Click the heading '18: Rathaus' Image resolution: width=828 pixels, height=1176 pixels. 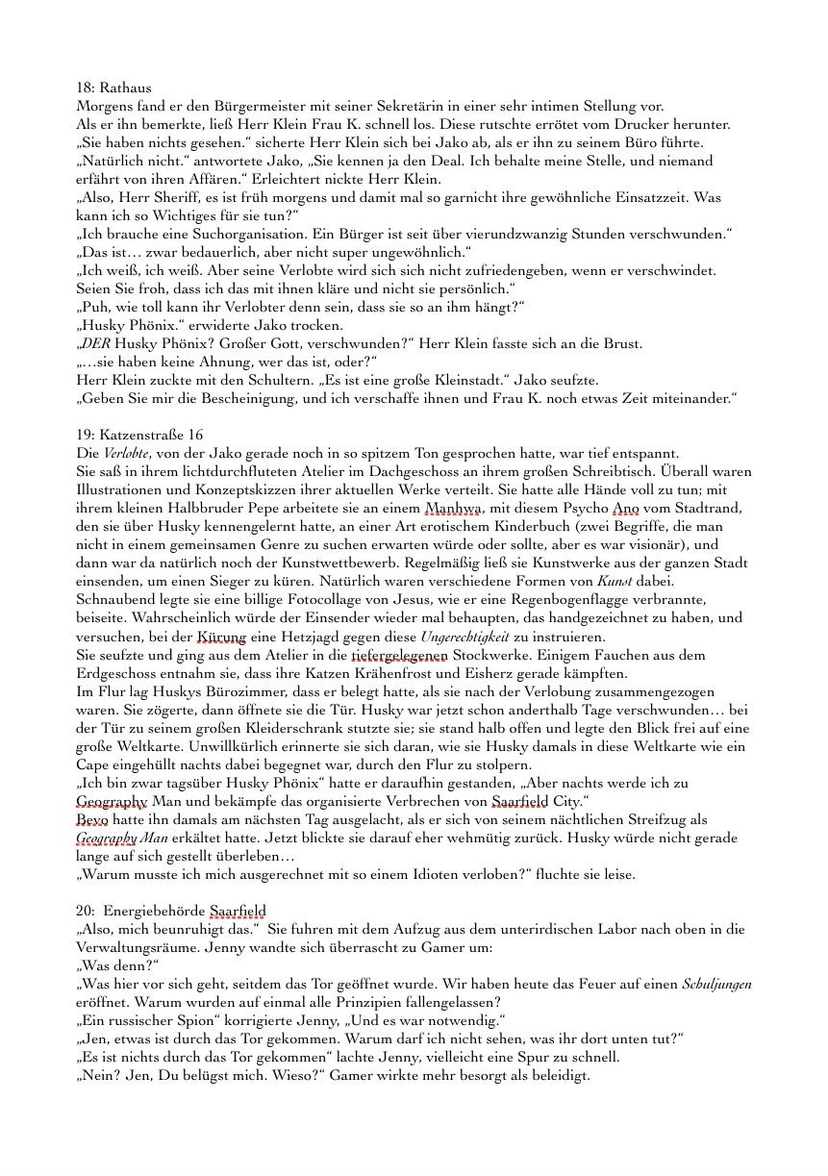click(x=113, y=88)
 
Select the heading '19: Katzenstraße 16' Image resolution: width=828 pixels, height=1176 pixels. click(x=139, y=435)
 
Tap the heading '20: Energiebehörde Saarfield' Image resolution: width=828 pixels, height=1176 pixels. click(x=170, y=911)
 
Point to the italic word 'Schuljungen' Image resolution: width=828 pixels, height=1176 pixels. click(x=716, y=984)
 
